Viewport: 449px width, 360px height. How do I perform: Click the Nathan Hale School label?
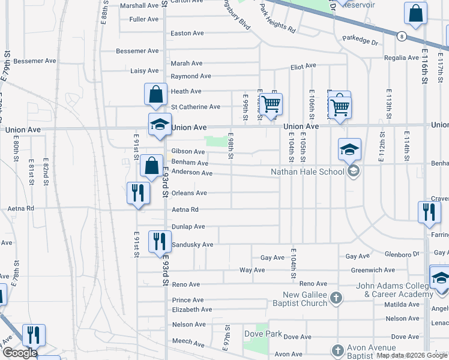tap(308, 172)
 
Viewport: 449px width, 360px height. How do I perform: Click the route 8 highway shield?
tap(401, 37)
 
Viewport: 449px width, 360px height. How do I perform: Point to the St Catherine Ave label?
tap(195, 107)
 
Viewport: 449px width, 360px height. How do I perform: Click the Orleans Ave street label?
tap(189, 193)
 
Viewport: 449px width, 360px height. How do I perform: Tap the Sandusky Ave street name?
tap(192, 245)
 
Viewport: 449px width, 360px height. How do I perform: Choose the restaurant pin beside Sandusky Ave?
tap(159, 241)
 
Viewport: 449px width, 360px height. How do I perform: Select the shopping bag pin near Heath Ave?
tap(155, 94)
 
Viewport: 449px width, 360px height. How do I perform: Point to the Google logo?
tap(19, 353)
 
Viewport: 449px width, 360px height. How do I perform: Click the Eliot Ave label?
tap(303, 67)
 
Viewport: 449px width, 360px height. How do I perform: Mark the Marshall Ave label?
tap(139, 5)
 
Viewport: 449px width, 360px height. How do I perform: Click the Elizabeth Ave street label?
tap(191, 310)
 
